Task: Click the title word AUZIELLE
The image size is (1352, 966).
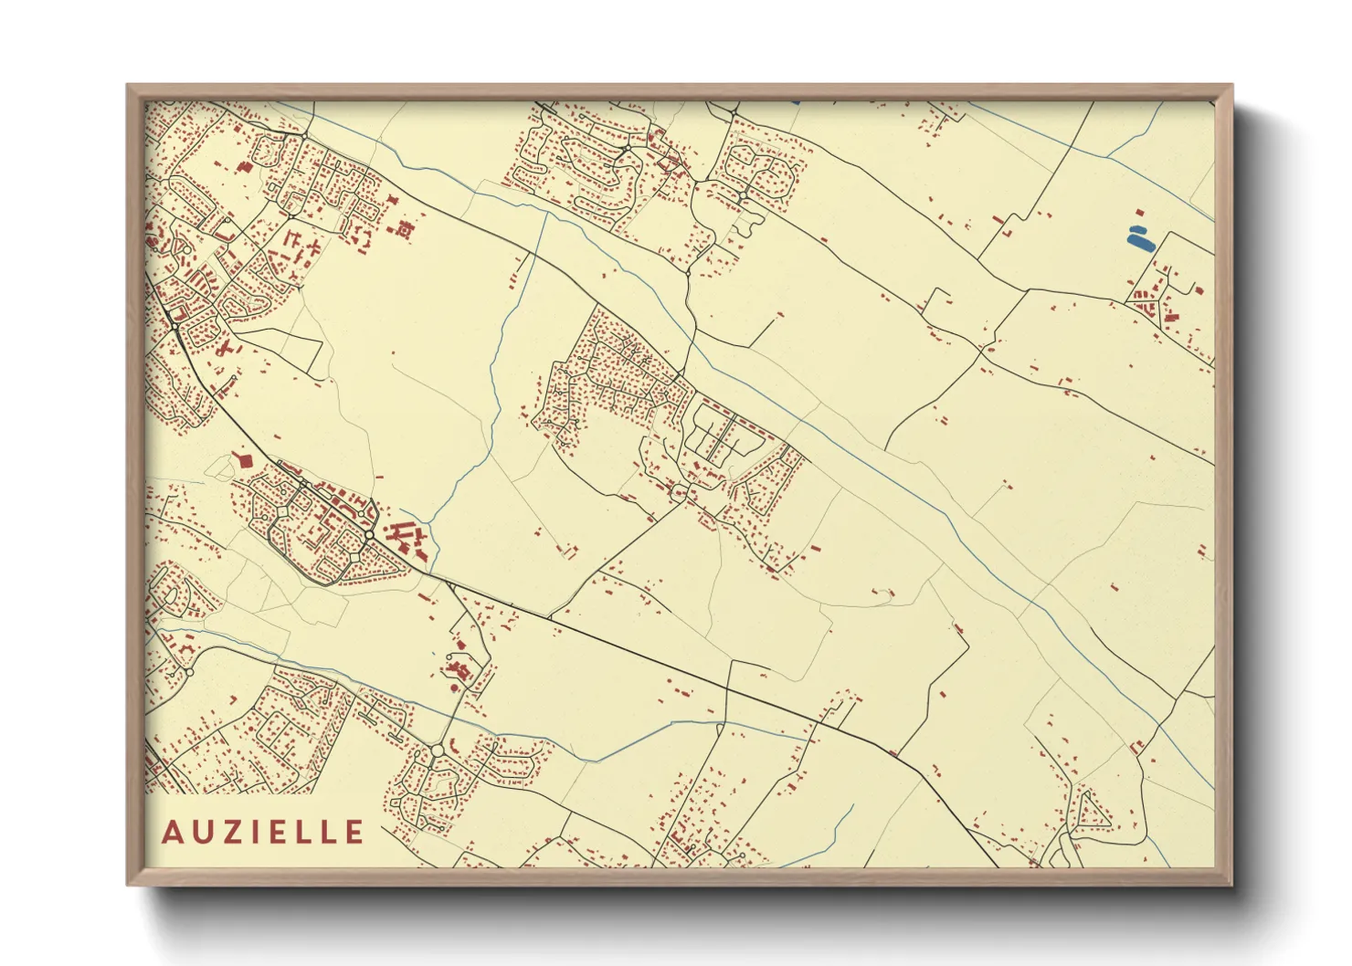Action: (263, 832)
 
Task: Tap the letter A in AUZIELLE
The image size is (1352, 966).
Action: (171, 833)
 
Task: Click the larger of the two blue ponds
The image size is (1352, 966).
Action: (1140, 242)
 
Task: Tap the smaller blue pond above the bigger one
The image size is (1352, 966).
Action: (1136, 228)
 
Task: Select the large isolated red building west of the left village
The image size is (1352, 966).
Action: (244, 460)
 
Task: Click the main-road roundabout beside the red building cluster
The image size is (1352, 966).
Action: (368, 535)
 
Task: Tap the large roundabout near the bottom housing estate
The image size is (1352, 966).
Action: (437, 750)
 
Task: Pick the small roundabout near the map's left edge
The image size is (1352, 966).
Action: (187, 672)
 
